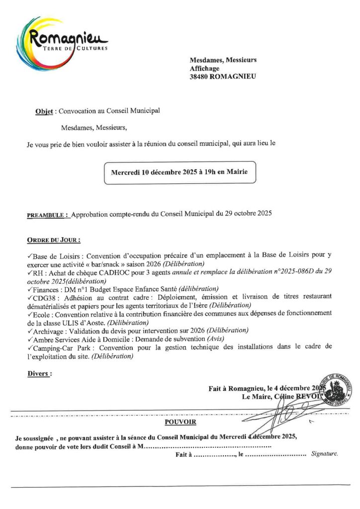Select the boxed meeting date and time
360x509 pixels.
(x=180, y=173)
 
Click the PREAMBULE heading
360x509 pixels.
(x=47, y=216)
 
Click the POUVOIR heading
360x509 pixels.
(x=180, y=423)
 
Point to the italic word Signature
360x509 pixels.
(x=324, y=454)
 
